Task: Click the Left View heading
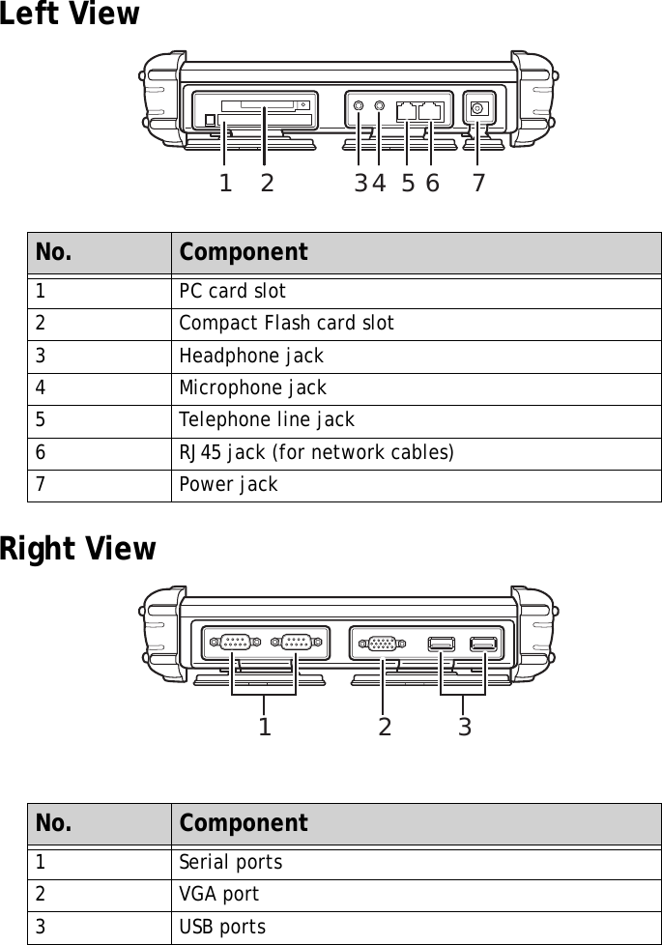(70, 15)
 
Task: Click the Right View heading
(77, 549)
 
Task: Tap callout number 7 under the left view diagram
(478, 183)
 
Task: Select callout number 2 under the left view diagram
(267, 183)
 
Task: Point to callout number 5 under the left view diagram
(408, 183)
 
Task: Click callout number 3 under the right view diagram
(465, 727)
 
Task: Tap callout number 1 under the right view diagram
(264, 727)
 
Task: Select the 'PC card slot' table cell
(232, 291)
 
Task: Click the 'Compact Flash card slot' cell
(286, 323)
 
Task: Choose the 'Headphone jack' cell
(251, 356)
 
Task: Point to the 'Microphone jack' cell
(253, 387)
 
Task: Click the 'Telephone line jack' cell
(267, 420)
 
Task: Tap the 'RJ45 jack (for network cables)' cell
(317, 452)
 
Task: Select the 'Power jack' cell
(228, 484)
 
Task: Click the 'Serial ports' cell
(231, 862)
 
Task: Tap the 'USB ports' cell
(222, 928)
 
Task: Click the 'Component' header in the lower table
(244, 823)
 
